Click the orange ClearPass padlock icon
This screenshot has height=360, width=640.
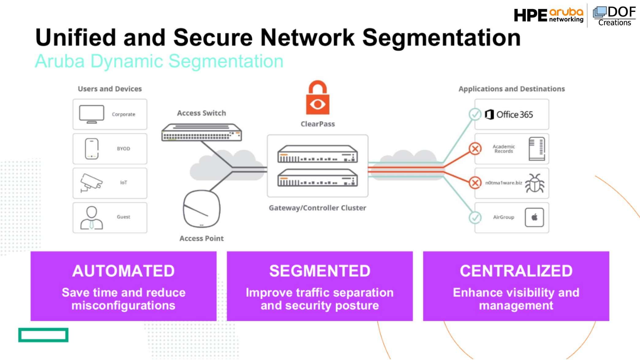318,98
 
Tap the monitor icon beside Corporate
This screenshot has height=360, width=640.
92,114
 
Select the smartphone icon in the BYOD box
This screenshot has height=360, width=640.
92,149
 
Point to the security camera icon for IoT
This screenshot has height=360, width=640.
91,183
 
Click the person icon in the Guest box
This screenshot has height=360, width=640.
92,218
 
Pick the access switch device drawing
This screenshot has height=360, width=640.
201,132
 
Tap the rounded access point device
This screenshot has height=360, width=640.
201,209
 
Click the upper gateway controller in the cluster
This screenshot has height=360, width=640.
318,154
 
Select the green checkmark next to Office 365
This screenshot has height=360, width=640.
475,114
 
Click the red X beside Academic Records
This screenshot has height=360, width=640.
475,149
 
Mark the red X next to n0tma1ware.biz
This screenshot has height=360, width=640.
475,183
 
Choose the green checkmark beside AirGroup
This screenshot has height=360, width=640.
475,218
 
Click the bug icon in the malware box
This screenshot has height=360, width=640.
535,183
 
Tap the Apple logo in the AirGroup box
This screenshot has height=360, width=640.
534,217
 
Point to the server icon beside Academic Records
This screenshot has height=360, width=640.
537,149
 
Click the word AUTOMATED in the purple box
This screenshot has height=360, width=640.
123,271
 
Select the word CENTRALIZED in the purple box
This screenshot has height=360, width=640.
516,271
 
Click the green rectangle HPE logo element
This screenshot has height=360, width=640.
43,335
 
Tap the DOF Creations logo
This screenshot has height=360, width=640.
614,16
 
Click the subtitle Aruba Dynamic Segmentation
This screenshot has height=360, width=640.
159,61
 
